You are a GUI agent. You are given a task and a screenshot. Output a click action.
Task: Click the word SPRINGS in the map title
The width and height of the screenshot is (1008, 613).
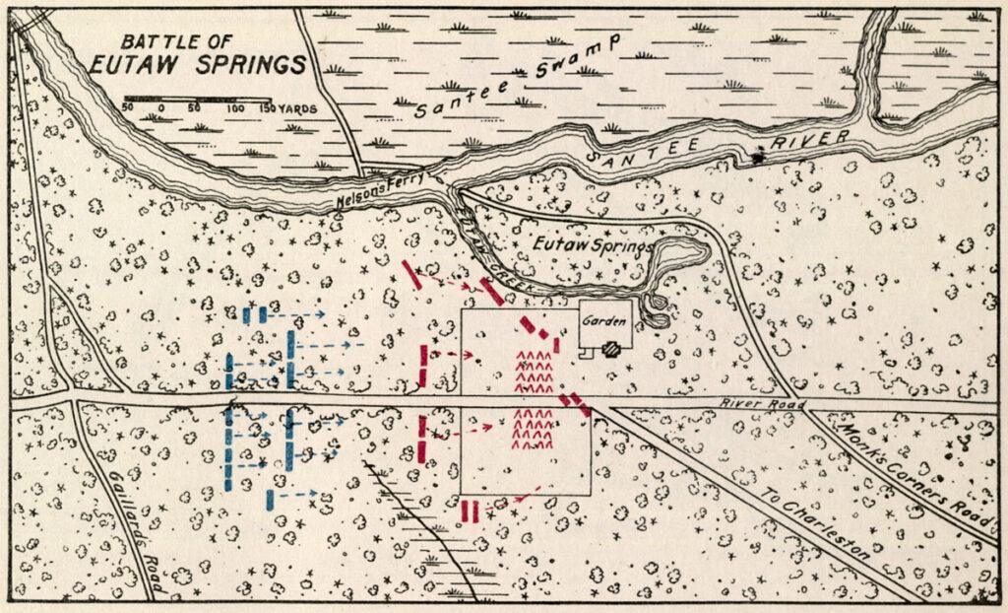[x=248, y=66]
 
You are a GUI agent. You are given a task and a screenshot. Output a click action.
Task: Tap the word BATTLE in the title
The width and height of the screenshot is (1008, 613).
[x=154, y=42]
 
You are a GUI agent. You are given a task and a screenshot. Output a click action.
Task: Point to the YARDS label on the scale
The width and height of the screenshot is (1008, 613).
[x=297, y=108]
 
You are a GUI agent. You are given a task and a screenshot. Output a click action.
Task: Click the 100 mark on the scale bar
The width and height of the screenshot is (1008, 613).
[x=235, y=108]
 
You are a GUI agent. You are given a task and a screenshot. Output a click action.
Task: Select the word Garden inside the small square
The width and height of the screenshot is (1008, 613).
[x=601, y=320]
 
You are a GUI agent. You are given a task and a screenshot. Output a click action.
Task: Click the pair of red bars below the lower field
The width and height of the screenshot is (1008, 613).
[x=470, y=511]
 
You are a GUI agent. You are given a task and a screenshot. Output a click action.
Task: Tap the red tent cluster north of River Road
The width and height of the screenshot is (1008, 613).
[x=534, y=372]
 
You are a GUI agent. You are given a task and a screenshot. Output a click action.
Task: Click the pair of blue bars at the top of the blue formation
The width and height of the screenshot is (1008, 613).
[x=254, y=315]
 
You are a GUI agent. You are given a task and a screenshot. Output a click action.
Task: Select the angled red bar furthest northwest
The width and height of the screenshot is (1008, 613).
[x=414, y=274]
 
